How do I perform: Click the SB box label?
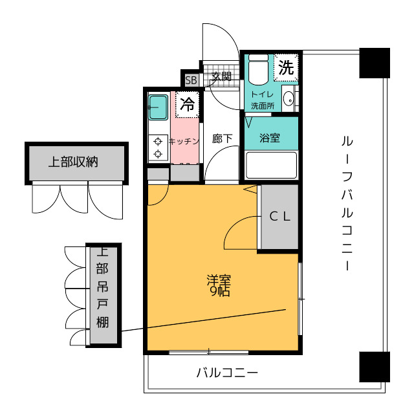coord(191,80)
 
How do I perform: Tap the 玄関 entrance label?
coord(221,76)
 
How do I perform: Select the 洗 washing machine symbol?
coord(286,67)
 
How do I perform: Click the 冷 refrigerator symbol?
coord(187,104)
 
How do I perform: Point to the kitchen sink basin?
coord(158,107)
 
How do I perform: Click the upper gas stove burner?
coord(158,142)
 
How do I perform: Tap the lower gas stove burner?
coord(158,153)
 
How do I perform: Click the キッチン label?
coord(184,142)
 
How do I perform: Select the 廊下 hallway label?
coord(222,138)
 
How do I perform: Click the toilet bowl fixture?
coord(259,69)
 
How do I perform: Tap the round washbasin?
coord(289,99)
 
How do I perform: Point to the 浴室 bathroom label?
coord(270,138)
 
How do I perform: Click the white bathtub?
coord(271,166)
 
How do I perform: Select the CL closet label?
coord(280,217)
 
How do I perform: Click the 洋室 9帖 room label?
coord(219,285)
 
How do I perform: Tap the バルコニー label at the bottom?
coord(227,373)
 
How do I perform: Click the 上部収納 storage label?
coord(73,162)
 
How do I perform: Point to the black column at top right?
coord(375,63)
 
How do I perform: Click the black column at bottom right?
coord(375,367)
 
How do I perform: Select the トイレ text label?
coord(262,94)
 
